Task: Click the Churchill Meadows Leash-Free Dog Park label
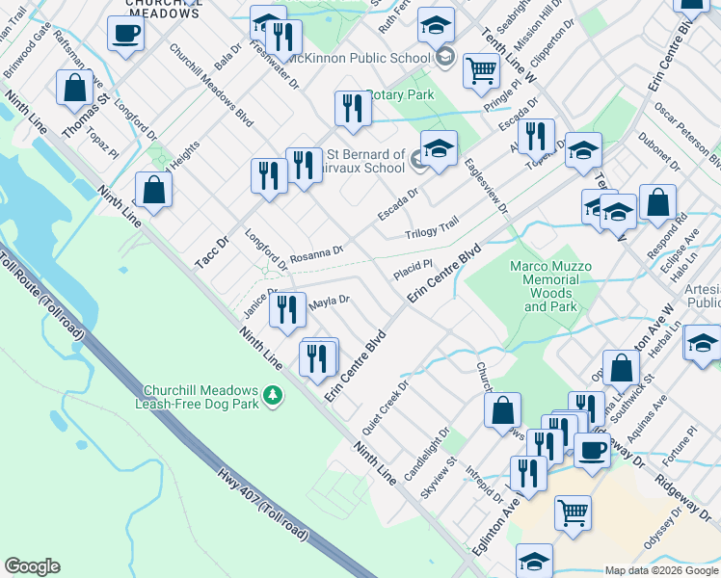[x=200, y=397]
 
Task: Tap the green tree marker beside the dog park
[x=274, y=395]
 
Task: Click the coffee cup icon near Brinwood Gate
[x=126, y=34]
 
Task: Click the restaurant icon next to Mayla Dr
[x=286, y=309]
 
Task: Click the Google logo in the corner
[x=32, y=566]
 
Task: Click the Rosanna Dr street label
[x=316, y=253]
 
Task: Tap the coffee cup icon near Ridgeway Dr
[x=592, y=449]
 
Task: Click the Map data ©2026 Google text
[x=660, y=570]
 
